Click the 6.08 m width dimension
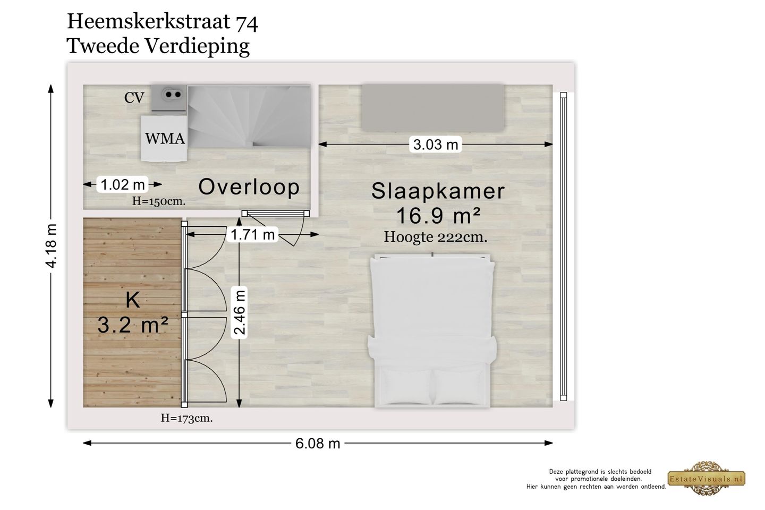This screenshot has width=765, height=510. [x=318, y=443]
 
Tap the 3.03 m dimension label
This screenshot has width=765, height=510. [x=435, y=144]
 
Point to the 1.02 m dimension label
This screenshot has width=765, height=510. [x=123, y=184]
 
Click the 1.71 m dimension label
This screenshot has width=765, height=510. [x=253, y=234]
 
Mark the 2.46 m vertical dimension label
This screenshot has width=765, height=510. [x=240, y=312]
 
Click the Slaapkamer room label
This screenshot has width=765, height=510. [x=438, y=191]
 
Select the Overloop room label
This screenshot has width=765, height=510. [x=249, y=187]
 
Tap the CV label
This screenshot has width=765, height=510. [x=134, y=98]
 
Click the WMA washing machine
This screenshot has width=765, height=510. [x=164, y=138]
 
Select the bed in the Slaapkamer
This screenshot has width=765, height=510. [x=432, y=330]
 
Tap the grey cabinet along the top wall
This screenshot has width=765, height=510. [x=432, y=106]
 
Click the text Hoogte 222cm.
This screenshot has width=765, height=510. [x=435, y=237]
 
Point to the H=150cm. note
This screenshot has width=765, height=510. [x=158, y=201]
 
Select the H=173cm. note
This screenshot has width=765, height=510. [x=186, y=418]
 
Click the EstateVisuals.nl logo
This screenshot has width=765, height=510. [x=706, y=478]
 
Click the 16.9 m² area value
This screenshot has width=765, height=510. [x=438, y=216]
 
